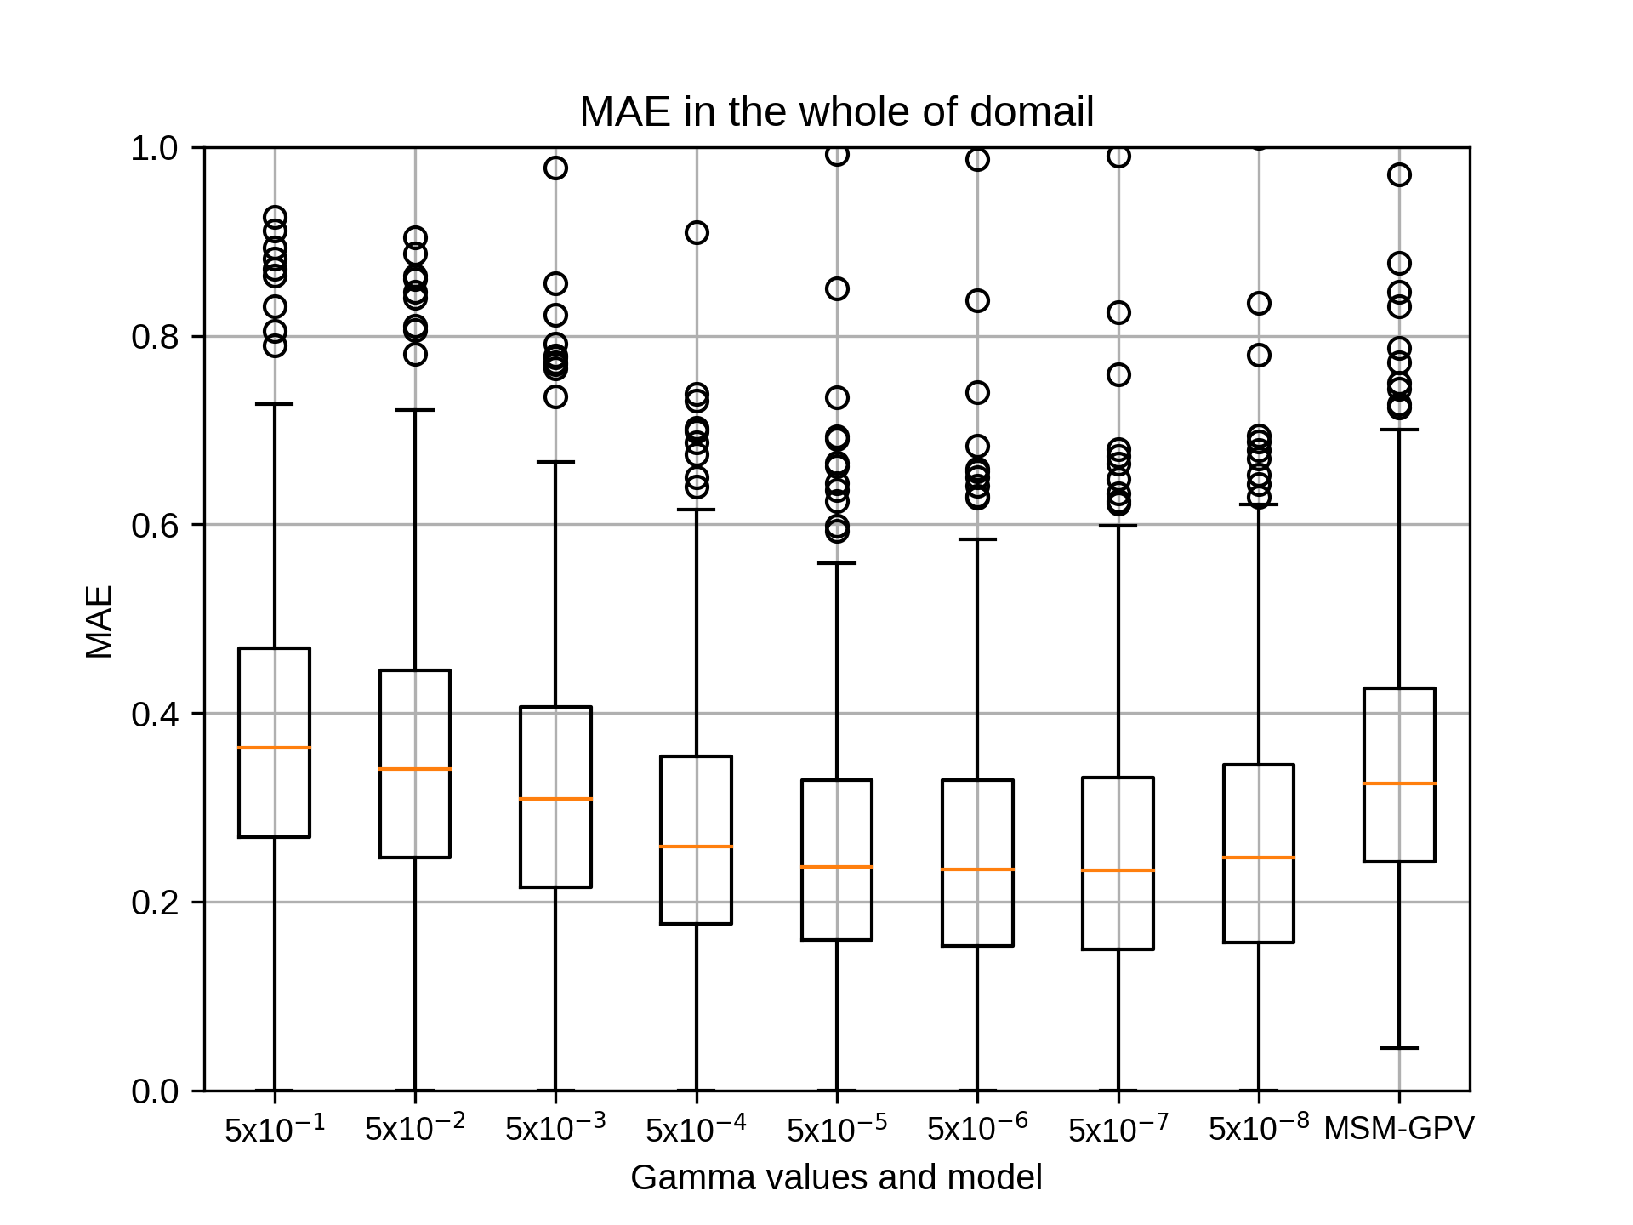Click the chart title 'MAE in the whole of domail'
(836, 111)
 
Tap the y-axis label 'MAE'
(100, 622)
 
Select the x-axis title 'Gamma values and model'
(836, 1177)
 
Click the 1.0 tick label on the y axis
(155, 148)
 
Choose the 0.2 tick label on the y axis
(155, 902)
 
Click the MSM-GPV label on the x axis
(1399, 1128)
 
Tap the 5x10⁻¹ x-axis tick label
(275, 1127)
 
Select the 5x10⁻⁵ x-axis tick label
(837, 1127)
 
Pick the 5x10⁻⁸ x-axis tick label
(1259, 1127)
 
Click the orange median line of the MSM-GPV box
(1399, 783)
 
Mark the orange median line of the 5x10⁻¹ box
(275, 748)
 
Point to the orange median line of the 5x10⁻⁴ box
(697, 846)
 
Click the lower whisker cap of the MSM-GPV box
(1399, 1048)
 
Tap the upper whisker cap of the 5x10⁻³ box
(555, 462)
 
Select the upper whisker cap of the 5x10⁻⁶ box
(977, 539)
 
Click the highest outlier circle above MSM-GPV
(1399, 175)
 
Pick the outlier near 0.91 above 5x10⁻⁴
(697, 232)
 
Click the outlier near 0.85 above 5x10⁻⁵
(837, 289)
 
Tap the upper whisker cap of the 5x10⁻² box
(415, 410)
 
